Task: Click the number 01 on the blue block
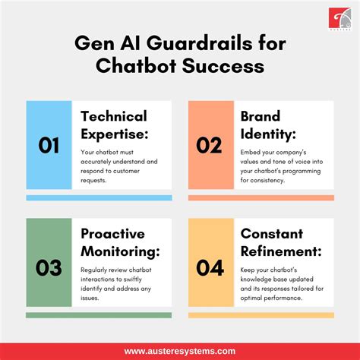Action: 49,145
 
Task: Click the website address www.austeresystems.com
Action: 180,351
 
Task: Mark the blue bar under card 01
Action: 99,197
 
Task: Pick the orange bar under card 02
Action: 261,197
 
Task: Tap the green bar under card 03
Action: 99,315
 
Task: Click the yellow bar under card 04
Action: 261,315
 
